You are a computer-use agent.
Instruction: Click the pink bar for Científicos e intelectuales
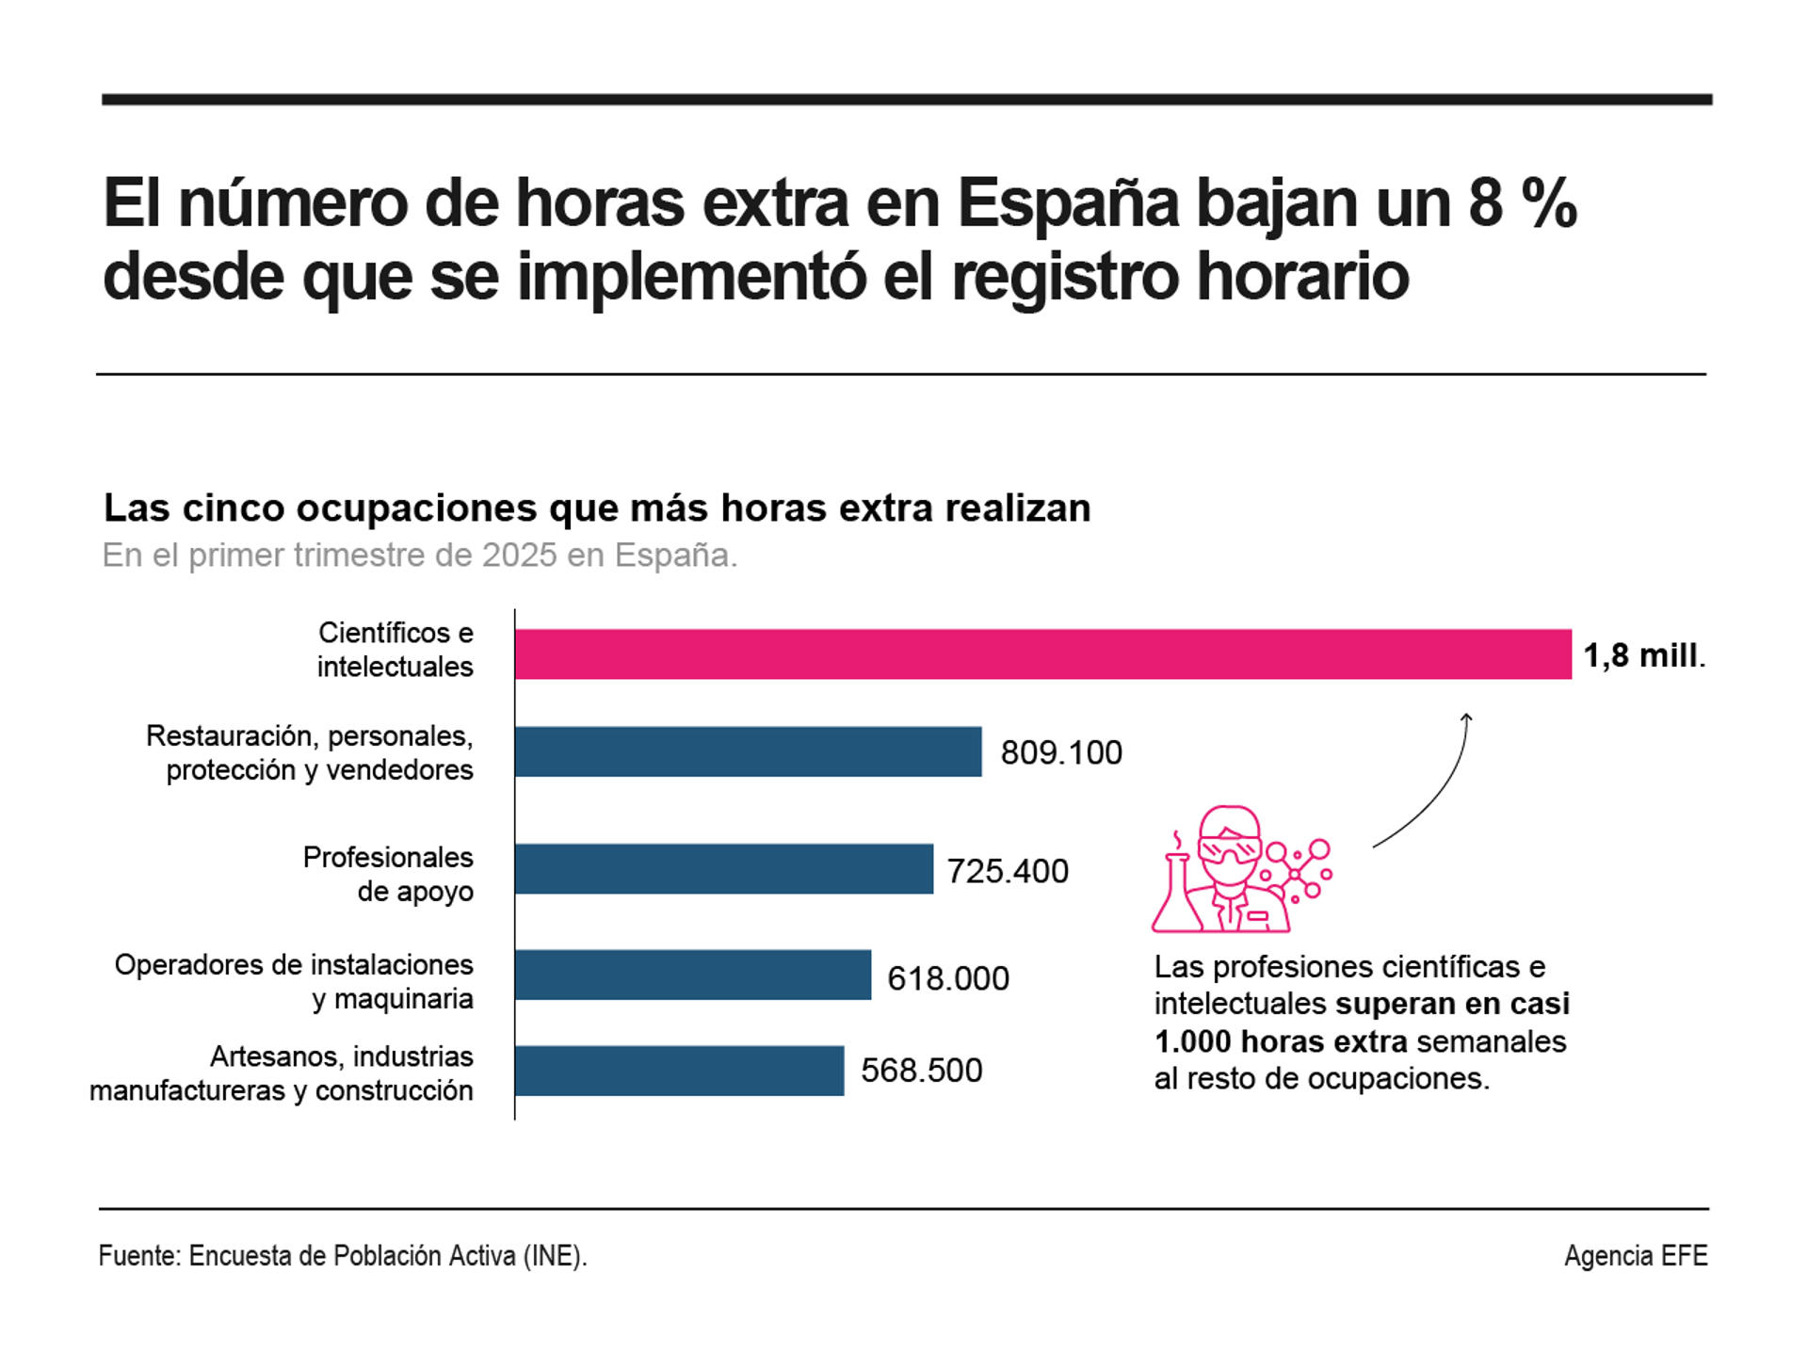pos(1042,653)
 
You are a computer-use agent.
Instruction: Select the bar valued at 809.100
pos(748,751)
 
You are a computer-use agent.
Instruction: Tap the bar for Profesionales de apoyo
pos(723,868)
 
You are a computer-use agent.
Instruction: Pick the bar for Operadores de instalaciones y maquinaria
pos(692,975)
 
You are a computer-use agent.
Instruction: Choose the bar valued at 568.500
pos(679,1071)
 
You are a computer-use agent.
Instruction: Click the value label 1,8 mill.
pos(1643,655)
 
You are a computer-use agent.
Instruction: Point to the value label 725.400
pos(1008,871)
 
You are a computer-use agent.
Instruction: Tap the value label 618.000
pos(947,978)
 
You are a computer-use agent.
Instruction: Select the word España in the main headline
pos(1068,202)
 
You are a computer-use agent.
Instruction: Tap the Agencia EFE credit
pos(1636,1256)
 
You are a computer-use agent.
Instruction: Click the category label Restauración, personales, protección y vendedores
pos(310,752)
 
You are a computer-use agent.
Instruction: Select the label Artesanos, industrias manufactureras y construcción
pos(282,1073)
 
